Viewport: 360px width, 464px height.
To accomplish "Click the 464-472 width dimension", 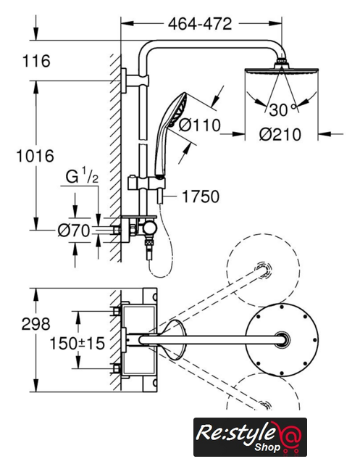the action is coord(200,24).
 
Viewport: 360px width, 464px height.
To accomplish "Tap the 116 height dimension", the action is coord(36,61).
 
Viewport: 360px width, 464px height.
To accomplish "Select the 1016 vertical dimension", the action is coord(35,156).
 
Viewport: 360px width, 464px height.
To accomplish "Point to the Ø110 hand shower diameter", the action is coord(200,125).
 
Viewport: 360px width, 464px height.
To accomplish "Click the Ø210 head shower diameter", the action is coord(280,135).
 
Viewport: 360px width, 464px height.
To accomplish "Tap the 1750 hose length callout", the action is coord(201,196).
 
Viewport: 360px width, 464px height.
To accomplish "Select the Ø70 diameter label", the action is coord(74,231).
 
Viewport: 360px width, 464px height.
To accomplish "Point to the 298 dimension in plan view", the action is coord(35,324).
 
